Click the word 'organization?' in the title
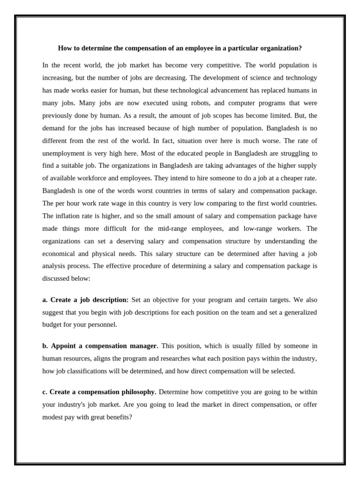coord(281,48)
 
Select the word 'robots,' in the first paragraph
coord(189,103)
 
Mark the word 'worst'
coord(150,191)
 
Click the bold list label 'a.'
coord(45,300)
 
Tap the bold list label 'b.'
coord(45,346)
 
